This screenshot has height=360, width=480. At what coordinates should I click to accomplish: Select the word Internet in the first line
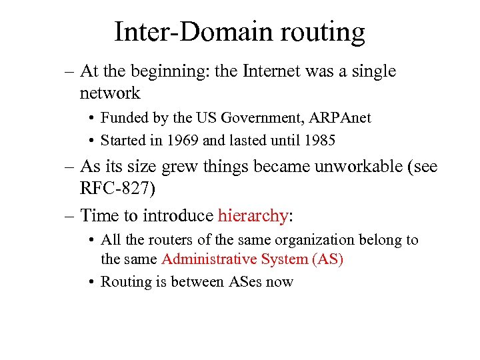276,71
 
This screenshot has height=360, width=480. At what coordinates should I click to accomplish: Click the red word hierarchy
253,216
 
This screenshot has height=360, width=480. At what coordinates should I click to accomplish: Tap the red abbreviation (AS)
327,259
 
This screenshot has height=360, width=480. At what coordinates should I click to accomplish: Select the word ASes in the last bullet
247,281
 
